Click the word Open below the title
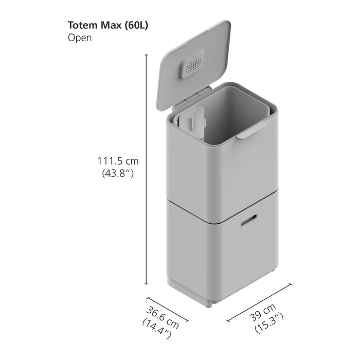79,38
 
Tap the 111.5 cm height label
118,161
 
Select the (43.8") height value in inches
118,174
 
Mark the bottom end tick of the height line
147,284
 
